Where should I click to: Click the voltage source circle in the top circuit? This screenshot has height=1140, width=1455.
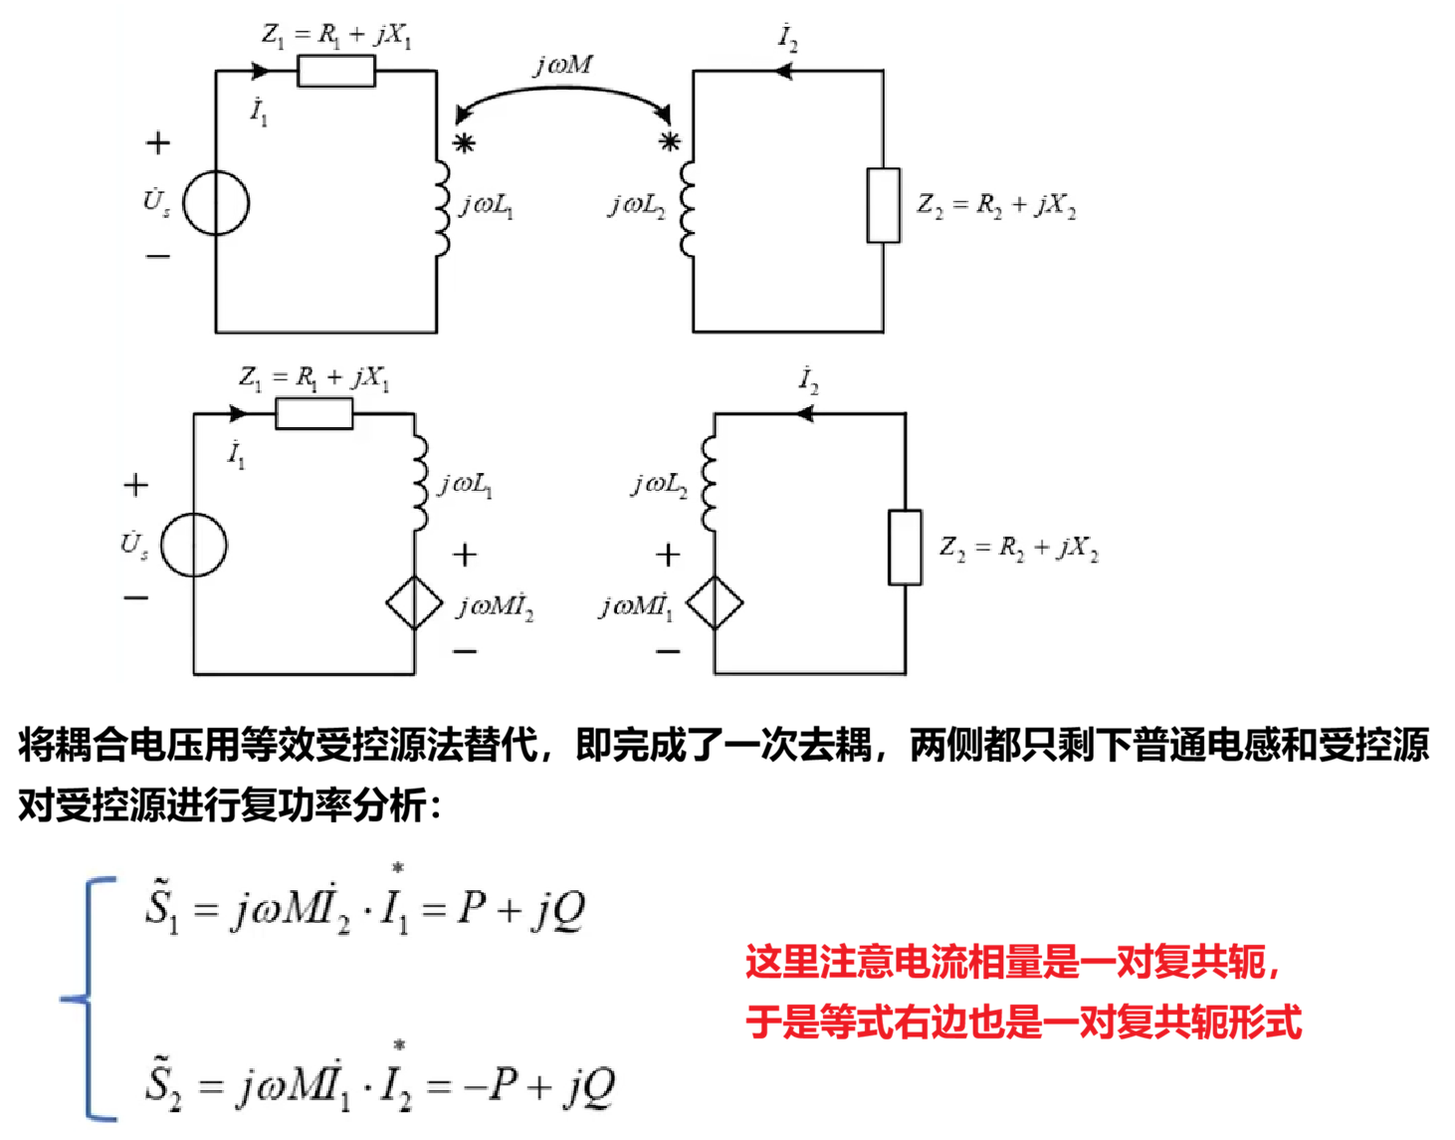pos(216,203)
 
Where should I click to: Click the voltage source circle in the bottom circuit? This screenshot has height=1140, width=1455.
pos(194,545)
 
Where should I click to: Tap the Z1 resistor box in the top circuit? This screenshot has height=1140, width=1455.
pos(336,72)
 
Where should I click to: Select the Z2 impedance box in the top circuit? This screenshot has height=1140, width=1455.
pos(884,205)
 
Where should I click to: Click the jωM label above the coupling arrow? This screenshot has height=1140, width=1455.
pos(563,66)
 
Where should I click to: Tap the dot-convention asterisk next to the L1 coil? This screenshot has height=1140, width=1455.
pos(464,143)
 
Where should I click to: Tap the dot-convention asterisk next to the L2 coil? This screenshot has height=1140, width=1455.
pos(670,141)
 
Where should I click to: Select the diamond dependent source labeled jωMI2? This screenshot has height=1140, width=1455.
pos(414,602)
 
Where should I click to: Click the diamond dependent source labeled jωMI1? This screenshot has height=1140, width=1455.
pos(715,602)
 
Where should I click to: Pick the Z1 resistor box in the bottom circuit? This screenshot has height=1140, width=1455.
pos(314,413)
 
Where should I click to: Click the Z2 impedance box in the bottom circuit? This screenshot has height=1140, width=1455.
pos(905,547)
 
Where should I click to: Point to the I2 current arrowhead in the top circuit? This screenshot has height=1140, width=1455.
pos(783,72)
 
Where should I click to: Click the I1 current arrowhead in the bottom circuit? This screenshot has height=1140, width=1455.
pos(238,413)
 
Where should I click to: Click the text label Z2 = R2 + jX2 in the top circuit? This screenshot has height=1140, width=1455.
pos(996,205)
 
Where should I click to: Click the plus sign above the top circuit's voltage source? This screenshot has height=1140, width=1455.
pos(158,143)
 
